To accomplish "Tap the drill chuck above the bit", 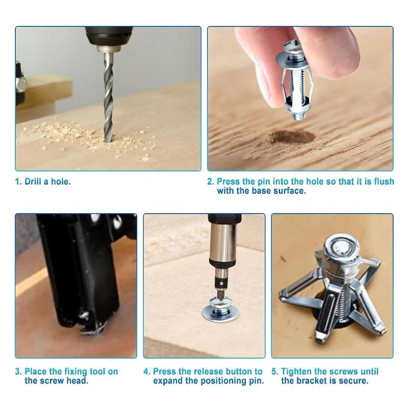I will [107, 38].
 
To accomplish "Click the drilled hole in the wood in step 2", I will [292, 137].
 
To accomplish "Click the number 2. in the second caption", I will [211, 182].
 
